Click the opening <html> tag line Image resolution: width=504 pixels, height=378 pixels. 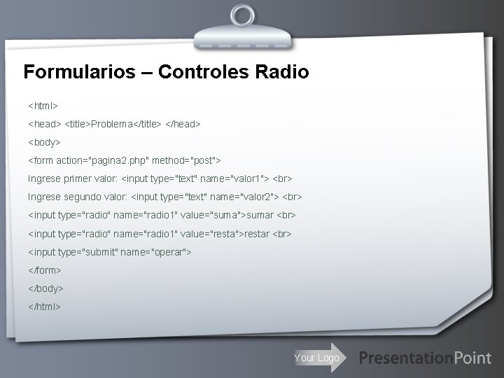43,106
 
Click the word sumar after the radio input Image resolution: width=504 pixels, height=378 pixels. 260,215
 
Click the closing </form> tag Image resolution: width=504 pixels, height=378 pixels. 45,269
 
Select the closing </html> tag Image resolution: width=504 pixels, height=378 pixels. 45,306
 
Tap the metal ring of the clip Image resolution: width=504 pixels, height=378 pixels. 242,15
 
